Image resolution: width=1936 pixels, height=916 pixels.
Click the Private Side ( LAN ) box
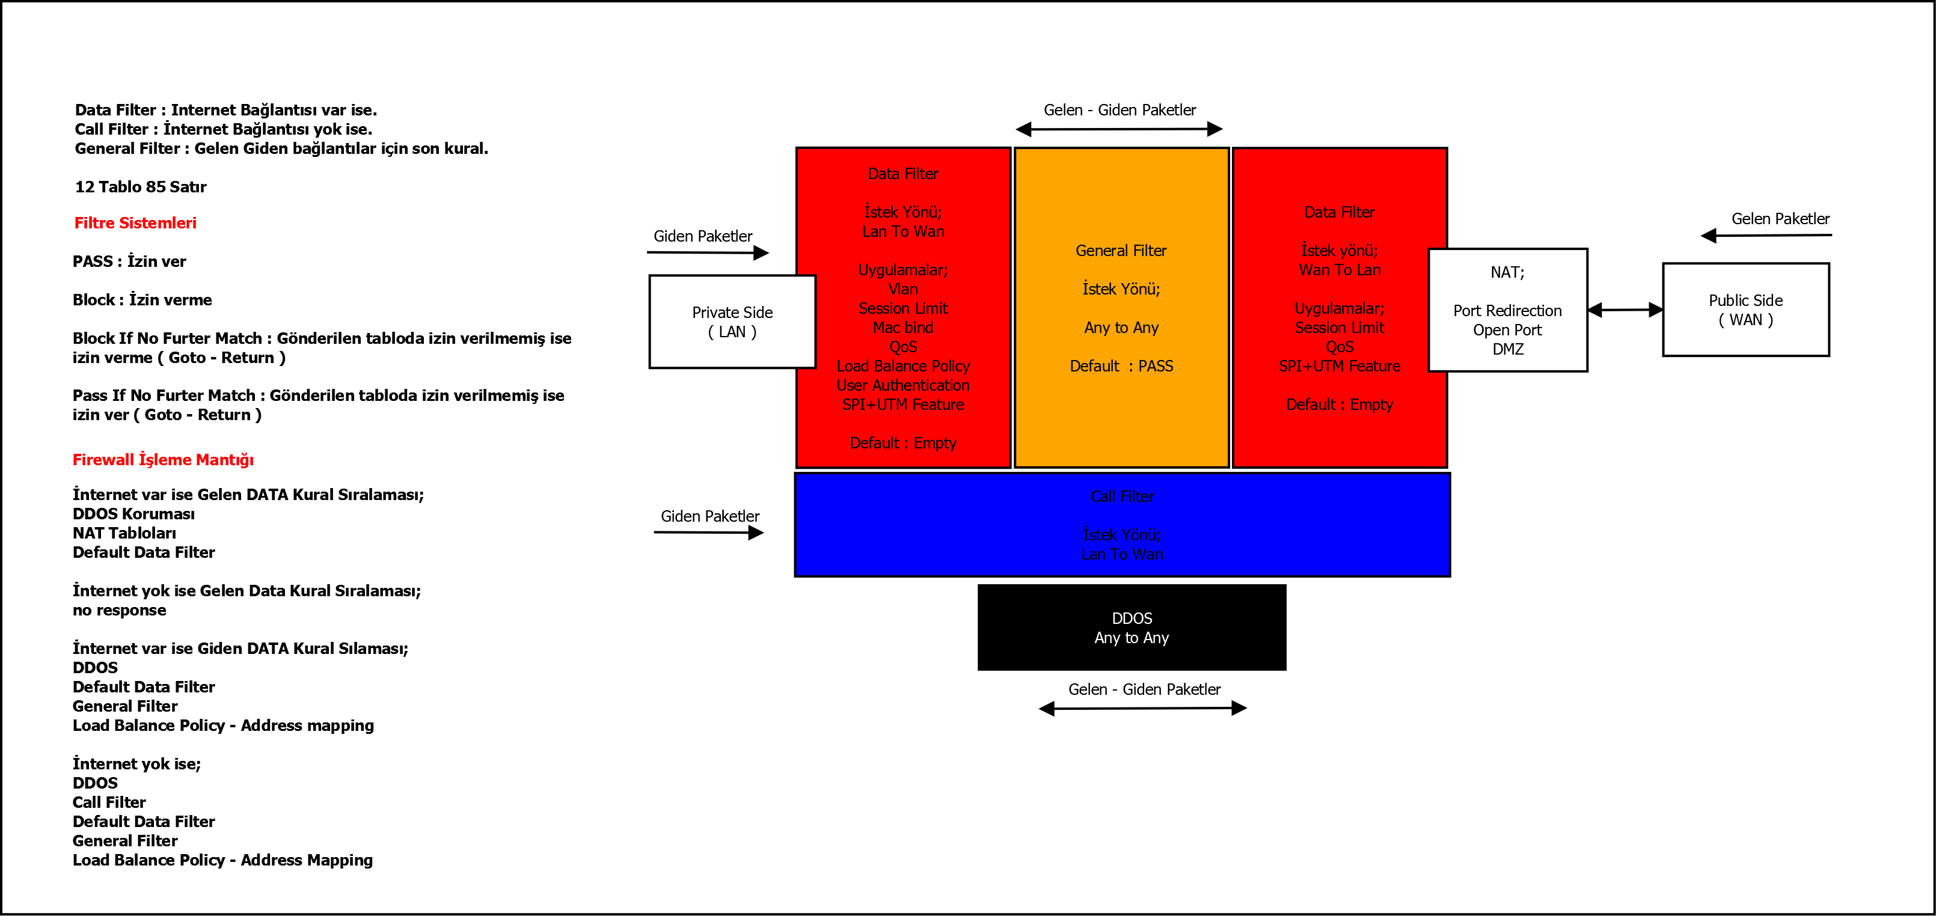732,322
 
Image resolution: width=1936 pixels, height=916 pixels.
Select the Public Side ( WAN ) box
1745,310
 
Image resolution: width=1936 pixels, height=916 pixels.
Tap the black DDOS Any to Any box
1131,627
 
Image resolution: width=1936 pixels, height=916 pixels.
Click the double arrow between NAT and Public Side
1625,310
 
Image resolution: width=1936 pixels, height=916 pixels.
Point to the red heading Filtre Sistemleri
135,223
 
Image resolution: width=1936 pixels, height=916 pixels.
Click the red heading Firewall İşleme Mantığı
163,460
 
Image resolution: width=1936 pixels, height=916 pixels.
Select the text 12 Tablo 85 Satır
141,187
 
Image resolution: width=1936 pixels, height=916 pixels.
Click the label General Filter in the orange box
1121,251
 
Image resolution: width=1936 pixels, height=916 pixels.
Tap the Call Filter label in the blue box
1121,496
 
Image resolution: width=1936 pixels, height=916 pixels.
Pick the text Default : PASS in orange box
1121,366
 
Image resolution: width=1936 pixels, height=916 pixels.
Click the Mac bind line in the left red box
902,328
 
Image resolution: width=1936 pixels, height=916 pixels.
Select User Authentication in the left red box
902,385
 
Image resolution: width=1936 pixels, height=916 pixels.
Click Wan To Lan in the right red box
1340,270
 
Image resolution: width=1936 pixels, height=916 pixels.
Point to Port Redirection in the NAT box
1507,311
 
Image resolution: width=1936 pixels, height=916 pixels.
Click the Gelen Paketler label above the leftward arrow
1780,219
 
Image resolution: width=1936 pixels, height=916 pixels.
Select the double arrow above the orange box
1119,129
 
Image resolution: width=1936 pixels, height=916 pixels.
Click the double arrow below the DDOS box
1142,708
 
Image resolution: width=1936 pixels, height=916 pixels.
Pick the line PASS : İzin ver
129,261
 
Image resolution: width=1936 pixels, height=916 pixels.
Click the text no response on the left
120,610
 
